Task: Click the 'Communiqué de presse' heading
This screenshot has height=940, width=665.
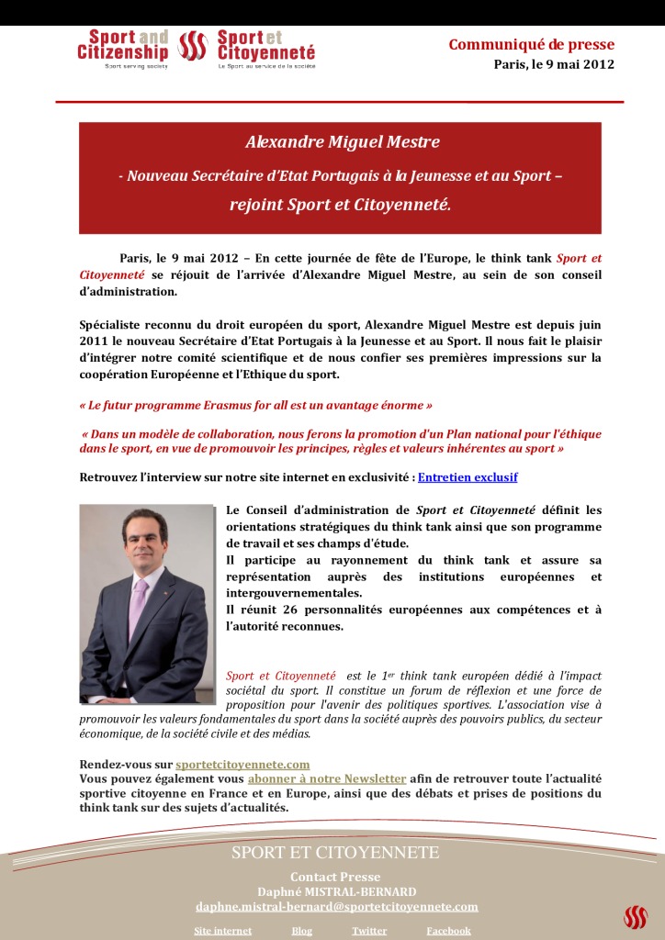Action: click(x=531, y=45)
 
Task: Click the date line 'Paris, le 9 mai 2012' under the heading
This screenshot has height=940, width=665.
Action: click(x=553, y=64)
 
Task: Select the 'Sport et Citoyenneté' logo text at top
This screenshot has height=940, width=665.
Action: click(x=265, y=46)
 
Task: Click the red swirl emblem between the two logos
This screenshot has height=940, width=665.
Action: click(x=192, y=47)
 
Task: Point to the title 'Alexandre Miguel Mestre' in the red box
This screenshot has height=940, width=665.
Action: click(x=342, y=142)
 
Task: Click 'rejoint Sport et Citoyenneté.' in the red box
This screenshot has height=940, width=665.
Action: click(x=340, y=204)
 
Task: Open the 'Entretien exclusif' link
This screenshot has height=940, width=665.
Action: click(x=468, y=477)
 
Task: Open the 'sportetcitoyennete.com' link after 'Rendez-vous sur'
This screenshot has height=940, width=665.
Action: click(x=242, y=764)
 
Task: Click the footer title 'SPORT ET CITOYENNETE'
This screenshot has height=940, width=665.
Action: click(x=335, y=853)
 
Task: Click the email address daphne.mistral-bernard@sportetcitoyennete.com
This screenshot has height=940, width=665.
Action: click(x=336, y=906)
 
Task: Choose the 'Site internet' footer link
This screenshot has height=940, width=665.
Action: click(x=222, y=930)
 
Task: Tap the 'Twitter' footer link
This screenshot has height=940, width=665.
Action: click(x=368, y=930)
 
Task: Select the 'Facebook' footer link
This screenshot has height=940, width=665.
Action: click(x=448, y=930)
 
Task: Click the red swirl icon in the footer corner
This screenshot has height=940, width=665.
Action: click(x=635, y=917)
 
